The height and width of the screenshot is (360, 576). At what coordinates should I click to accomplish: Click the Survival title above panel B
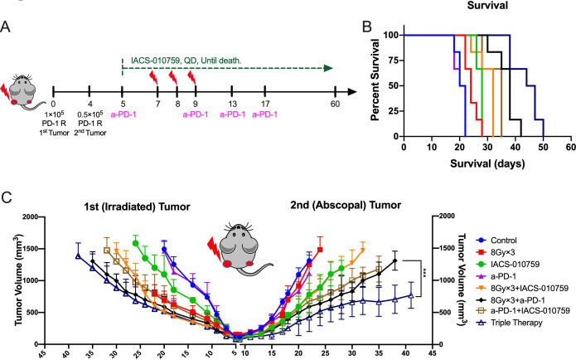click(487, 5)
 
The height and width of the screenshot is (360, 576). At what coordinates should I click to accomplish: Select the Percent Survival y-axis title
click(375, 80)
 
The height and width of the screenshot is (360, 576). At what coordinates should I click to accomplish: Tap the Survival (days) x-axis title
click(487, 163)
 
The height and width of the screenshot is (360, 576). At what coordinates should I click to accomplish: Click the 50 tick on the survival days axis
click(544, 147)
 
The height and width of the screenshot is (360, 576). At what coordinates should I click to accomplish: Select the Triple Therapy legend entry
click(510, 323)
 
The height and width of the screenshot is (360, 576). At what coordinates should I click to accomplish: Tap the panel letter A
click(6, 27)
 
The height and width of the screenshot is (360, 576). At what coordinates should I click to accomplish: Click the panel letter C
click(7, 197)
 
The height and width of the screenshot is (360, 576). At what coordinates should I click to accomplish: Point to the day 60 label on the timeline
click(335, 104)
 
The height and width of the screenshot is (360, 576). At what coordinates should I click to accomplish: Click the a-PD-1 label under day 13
click(232, 114)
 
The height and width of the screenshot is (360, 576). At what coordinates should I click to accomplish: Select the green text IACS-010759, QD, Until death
click(186, 61)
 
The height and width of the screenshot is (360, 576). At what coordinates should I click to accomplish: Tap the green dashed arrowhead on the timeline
click(328, 68)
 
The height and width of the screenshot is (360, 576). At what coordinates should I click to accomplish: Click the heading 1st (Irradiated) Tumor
click(136, 207)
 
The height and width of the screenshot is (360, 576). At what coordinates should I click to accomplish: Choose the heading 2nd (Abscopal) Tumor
click(346, 205)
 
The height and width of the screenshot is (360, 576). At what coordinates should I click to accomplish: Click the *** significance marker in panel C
click(424, 274)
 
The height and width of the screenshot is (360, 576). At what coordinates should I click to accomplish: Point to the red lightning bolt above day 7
click(153, 78)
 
